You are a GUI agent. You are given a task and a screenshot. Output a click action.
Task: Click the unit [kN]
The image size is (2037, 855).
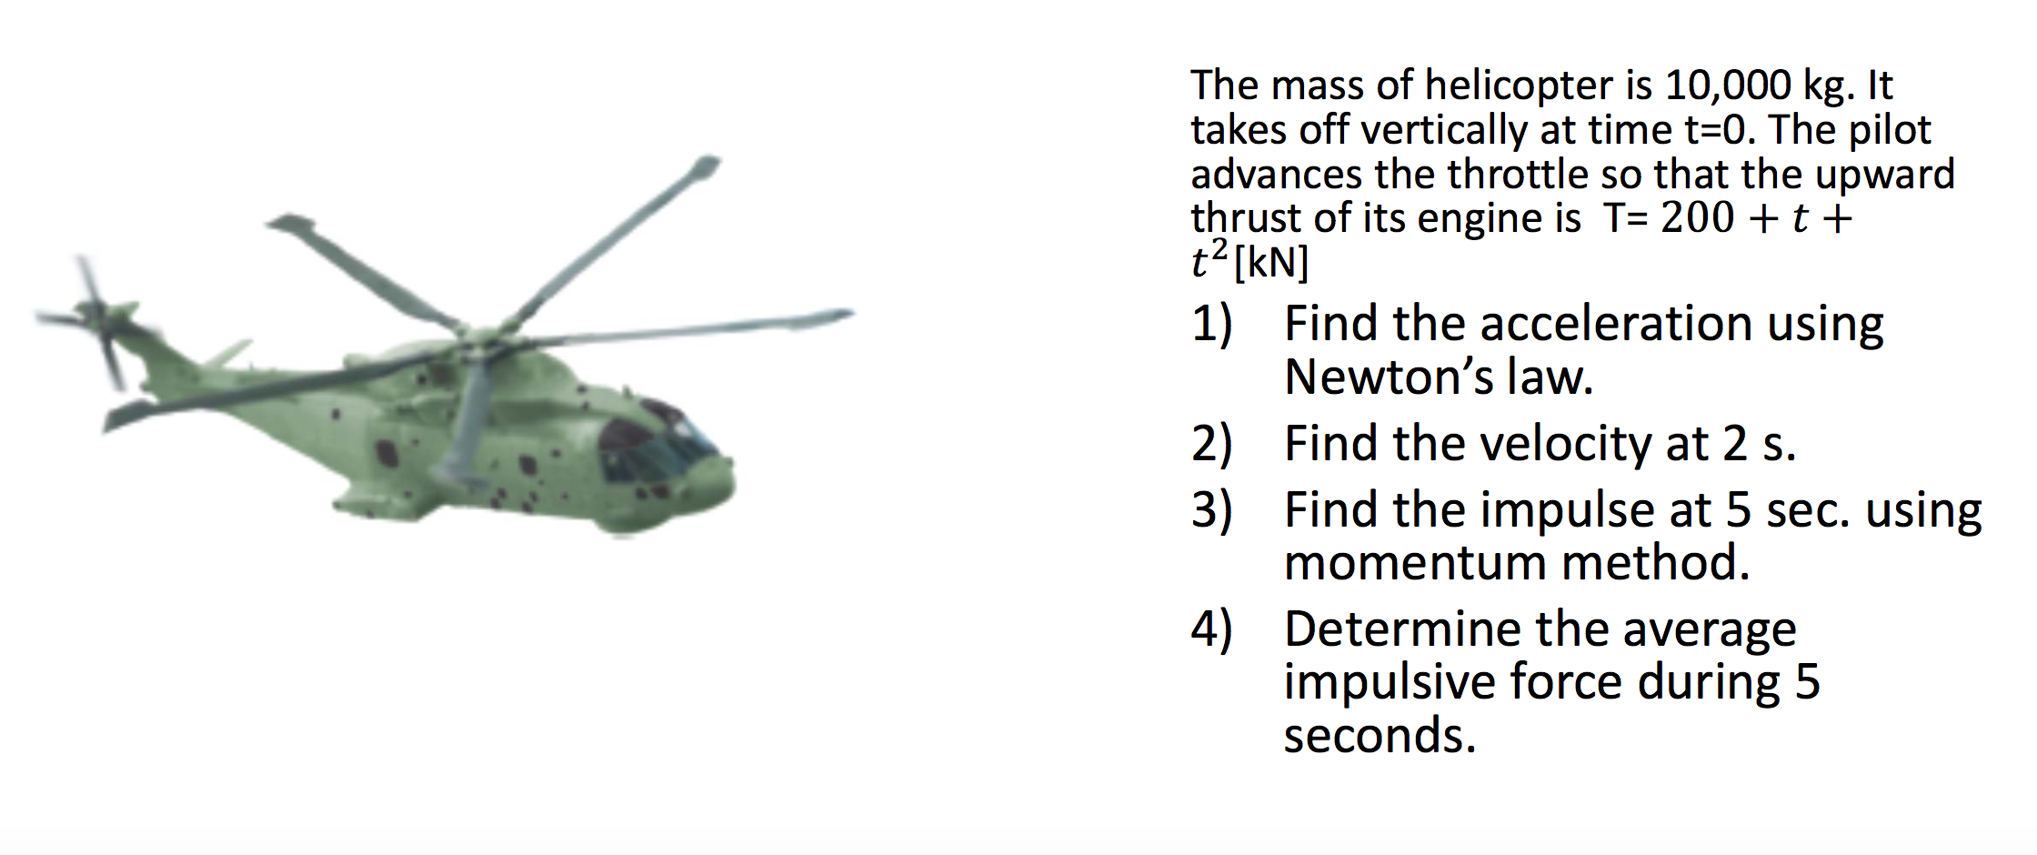tap(1271, 263)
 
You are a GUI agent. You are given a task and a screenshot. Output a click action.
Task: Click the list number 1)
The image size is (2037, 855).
tap(1212, 324)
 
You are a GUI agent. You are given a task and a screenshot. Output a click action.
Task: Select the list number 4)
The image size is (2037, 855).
tap(1212, 629)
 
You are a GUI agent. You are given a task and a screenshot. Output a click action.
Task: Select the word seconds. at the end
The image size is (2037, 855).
tap(1379, 736)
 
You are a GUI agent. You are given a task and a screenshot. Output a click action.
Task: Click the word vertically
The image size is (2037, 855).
tap(1443, 130)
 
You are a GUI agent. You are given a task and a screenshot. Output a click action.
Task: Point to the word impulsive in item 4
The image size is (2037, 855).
tap(1389, 682)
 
